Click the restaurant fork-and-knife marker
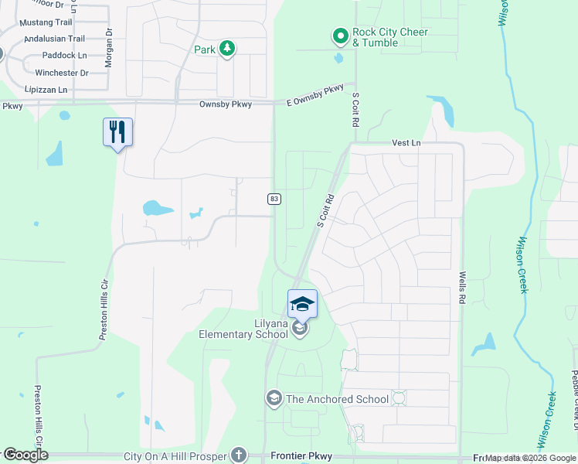[117, 132]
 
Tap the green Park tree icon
[226, 49]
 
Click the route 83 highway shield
[274, 199]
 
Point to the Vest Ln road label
[406, 143]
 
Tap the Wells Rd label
[462, 287]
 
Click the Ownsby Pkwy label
[222, 104]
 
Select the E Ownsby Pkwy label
[314, 95]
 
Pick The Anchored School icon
[274, 398]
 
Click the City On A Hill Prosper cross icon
[240, 455]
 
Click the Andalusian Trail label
[54, 39]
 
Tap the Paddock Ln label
[65, 56]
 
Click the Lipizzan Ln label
[47, 90]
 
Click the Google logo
[25, 455]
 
